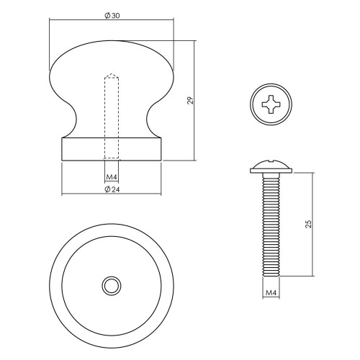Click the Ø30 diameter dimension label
(112, 16)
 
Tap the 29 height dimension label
(190, 100)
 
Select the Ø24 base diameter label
(112, 189)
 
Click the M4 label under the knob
(112, 177)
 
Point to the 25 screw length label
(309, 224)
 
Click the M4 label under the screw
(271, 293)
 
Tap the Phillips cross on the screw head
(271, 104)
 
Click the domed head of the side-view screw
(271, 166)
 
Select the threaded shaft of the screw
(271, 225)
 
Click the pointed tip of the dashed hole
(112, 73)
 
